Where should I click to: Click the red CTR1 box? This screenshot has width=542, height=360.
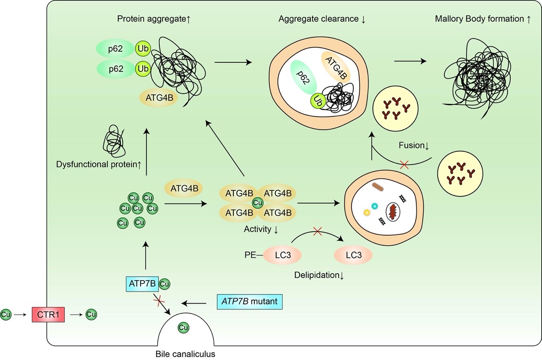click(48, 315)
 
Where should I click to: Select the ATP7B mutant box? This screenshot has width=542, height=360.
click(250, 301)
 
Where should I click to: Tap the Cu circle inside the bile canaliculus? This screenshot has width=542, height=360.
click(183, 328)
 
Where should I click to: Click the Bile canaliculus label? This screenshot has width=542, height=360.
click(186, 354)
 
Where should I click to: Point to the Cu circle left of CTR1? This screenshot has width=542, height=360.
click(6, 315)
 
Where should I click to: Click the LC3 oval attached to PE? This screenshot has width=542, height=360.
click(282, 255)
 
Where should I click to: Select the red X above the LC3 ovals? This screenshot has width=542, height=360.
click(317, 231)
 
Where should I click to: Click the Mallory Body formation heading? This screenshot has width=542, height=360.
click(482, 19)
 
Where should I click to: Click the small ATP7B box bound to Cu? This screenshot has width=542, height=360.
click(142, 283)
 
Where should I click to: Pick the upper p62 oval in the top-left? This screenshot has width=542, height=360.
click(115, 49)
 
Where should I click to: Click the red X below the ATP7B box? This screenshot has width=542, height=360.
click(159, 301)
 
